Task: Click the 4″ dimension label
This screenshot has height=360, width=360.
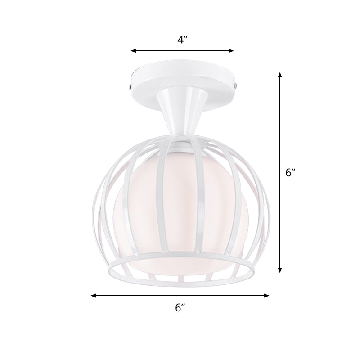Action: [182, 40]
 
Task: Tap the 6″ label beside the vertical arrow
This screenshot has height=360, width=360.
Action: [291, 172]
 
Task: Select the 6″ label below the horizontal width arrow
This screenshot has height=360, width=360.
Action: [180, 308]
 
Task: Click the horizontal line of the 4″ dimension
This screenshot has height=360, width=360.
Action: [182, 51]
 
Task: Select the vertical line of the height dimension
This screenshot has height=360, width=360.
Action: [280, 135]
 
